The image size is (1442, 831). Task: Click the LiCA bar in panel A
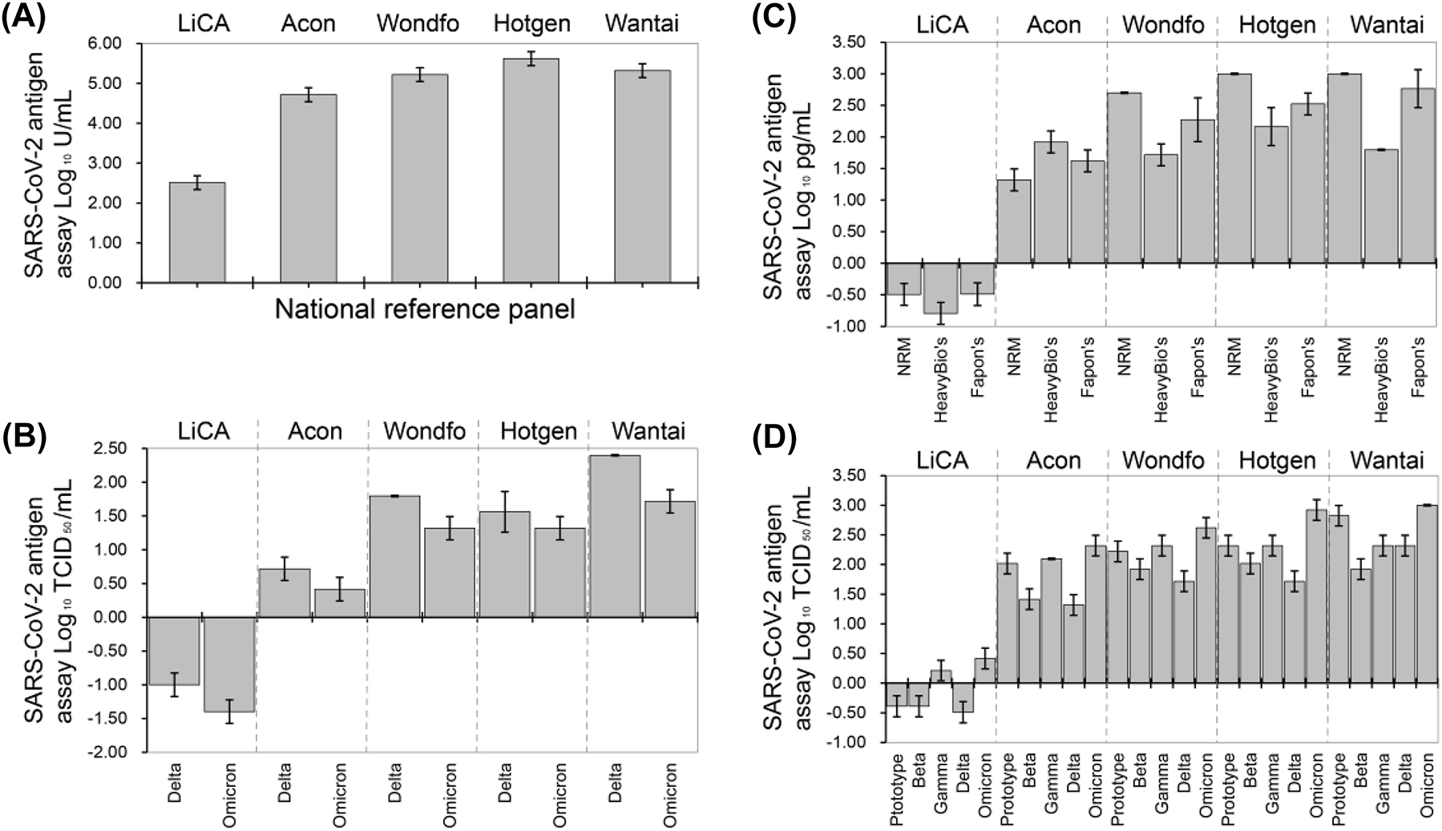pyautogui.click(x=197, y=233)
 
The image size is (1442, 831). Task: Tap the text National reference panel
pyautogui.click(x=425, y=309)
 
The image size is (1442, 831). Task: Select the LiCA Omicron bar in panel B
pyautogui.click(x=228, y=664)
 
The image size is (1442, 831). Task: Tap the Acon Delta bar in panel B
pyautogui.click(x=285, y=593)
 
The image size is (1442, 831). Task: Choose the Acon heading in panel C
pyautogui.click(x=1053, y=26)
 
